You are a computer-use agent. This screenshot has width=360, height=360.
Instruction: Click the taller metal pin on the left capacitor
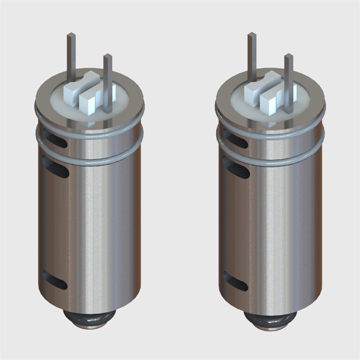pos(71,55)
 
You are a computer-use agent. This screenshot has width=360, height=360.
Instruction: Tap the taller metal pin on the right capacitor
pos(252,55)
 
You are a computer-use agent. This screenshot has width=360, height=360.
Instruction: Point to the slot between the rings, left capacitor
pos(55,138)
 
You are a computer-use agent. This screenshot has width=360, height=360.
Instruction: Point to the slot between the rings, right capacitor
pos(235,138)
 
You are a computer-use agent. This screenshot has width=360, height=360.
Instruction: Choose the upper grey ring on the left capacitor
pos(90,129)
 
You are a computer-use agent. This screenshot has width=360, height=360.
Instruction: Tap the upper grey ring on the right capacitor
pos(270,129)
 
